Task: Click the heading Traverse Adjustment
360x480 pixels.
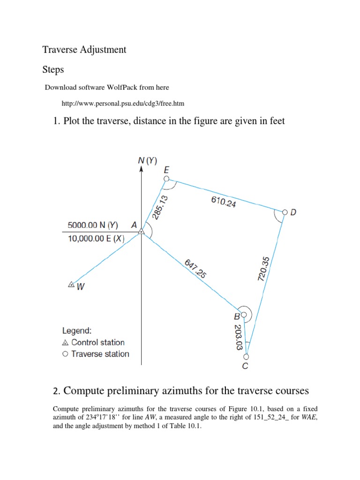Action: coord(84,49)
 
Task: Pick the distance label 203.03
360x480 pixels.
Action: coord(238,337)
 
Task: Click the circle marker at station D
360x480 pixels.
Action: coord(284,212)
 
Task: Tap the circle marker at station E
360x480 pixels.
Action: coord(165,179)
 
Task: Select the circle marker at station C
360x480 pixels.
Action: coord(247,357)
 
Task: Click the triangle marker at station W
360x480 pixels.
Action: coord(71,284)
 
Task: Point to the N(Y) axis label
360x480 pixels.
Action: coord(147,161)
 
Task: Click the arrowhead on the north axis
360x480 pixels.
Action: coord(141,169)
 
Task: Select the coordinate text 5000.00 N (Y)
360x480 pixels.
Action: coord(93,225)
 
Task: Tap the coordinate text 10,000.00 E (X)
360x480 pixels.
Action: coord(97,239)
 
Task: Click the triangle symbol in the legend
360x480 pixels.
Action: coord(65,343)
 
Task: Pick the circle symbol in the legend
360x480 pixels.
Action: coord(65,354)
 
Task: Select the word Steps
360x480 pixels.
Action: coord(53,69)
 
